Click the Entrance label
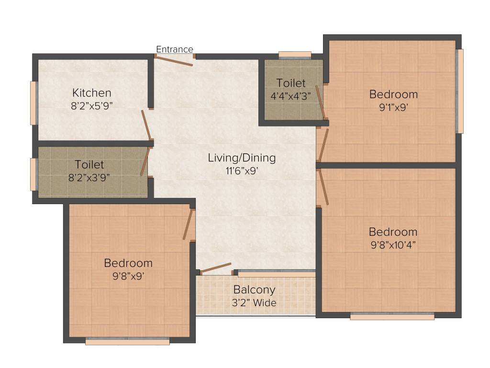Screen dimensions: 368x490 175,49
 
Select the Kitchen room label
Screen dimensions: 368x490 92,92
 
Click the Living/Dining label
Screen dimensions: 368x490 242,158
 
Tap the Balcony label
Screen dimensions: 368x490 254,290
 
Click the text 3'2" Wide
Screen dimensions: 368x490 254,302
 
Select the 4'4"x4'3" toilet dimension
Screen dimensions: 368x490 291,95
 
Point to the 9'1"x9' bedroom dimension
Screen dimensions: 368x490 393,107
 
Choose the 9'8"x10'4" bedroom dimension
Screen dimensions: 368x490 393,245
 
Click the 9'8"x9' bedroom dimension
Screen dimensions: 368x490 128,276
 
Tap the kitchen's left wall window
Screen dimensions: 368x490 34,103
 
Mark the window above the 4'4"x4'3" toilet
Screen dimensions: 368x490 295,55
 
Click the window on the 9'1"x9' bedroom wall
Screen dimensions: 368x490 459,91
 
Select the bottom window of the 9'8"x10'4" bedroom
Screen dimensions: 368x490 392,316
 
